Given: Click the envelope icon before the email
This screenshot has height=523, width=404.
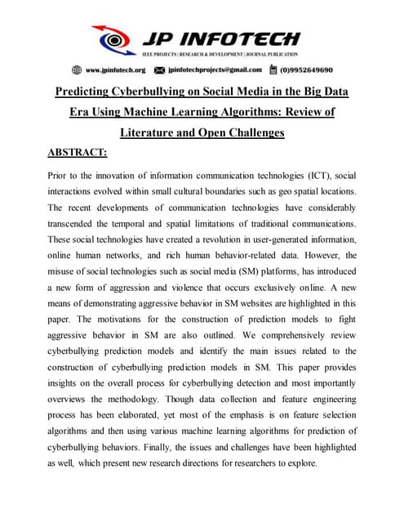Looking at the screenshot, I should [x=160, y=70].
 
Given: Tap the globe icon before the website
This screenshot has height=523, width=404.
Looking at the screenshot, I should [x=77, y=70].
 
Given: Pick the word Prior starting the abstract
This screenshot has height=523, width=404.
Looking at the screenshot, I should [x=62, y=176].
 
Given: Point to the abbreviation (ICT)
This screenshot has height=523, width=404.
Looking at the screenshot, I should [x=311, y=176].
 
